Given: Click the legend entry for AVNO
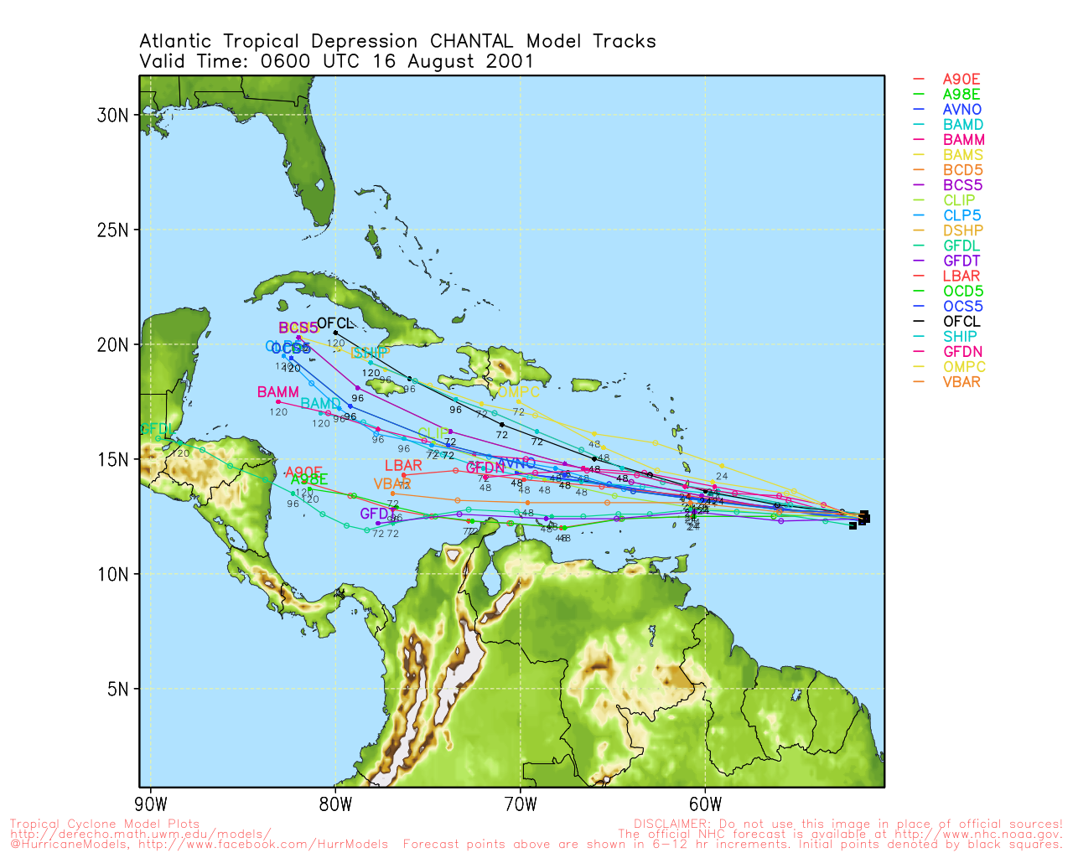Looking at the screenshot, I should point(962,110).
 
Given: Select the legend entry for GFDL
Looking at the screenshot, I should point(962,246).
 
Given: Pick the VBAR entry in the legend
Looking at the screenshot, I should point(962,382).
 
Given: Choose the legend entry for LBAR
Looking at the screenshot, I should point(962,276).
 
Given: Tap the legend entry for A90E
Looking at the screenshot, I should point(962,80).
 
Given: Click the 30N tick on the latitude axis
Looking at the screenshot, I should point(112,116).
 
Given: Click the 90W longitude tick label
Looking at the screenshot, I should point(151,805).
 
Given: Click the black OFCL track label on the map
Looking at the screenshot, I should point(335,323).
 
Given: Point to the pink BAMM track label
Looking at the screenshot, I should point(277,392).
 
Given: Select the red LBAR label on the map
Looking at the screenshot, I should point(403,466).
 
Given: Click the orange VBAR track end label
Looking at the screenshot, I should point(392,484).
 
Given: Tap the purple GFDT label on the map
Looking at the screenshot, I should point(377,514).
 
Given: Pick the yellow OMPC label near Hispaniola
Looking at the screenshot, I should point(519,392).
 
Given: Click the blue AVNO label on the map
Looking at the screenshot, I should point(516,463).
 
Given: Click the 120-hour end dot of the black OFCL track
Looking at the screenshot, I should point(335,333).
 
